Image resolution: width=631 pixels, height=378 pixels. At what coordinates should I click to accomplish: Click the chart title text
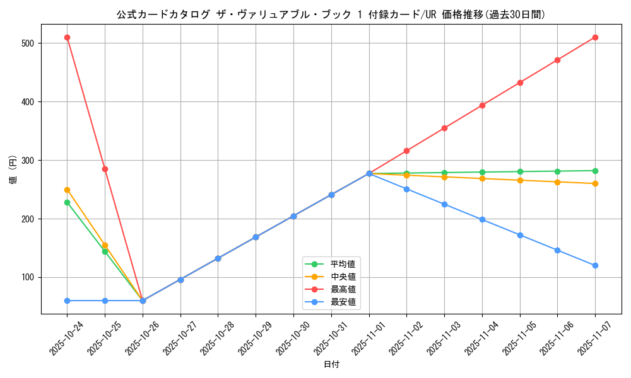pos(331,14)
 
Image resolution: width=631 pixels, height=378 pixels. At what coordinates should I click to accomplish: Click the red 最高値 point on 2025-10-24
pos(67,38)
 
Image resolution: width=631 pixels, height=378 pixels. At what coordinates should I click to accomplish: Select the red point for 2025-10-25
pos(105,169)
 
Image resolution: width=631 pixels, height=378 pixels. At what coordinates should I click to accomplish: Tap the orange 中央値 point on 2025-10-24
pos(67,190)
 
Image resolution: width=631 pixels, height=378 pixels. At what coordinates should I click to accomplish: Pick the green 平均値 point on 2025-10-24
pos(67,202)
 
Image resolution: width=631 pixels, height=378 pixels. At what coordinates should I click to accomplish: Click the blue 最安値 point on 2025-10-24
pos(67,301)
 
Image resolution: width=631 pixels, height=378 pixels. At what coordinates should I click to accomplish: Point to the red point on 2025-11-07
pos(595,38)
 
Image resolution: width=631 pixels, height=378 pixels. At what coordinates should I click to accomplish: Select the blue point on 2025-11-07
pos(595,265)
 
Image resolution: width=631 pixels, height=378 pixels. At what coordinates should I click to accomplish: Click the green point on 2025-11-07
pos(595,171)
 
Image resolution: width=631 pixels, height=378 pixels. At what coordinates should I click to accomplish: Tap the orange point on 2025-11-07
pos(595,183)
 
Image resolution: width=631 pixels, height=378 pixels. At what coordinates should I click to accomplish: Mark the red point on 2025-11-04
pos(482,105)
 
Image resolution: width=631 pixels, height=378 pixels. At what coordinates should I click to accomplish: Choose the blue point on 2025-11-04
pos(482,219)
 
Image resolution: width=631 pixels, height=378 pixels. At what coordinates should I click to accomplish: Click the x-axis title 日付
pos(331,365)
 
